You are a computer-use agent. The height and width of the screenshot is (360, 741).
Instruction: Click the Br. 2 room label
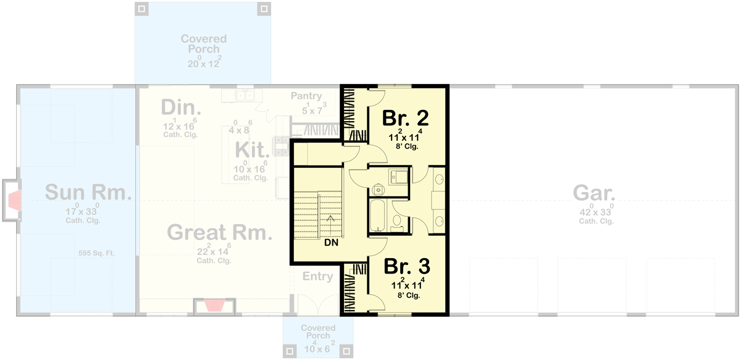pyautogui.click(x=406, y=117)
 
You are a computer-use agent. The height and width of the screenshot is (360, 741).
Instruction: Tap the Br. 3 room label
pyautogui.click(x=407, y=266)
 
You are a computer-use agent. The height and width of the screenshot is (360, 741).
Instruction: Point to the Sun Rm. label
pyautogui.click(x=88, y=193)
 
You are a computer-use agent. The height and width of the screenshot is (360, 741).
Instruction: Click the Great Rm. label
pyautogui.click(x=220, y=233)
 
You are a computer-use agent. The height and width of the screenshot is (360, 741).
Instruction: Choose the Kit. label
pyautogui.click(x=252, y=149)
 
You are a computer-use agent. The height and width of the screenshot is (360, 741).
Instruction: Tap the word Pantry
pyautogui.click(x=307, y=96)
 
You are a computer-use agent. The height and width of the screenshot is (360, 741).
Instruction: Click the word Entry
pyautogui.click(x=317, y=277)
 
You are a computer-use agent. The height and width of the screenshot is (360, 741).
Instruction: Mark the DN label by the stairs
pyautogui.click(x=330, y=243)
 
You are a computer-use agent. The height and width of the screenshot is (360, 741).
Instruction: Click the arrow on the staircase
pyautogui.click(x=331, y=219)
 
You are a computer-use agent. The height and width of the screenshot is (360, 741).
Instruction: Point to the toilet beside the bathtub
pyautogui.click(x=397, y=224)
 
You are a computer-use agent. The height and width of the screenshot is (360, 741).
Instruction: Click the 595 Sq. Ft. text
pyautogui.click(x=97, y=253)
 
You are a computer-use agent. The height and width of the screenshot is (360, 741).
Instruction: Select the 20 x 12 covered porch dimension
pyautogui.click(x=204, y=62)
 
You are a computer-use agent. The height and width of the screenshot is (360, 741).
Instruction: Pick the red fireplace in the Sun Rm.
pyautogui.click(x=15, y=201)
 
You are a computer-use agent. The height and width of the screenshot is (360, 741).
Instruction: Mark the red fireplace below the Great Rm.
pyautogui.click(x=215, y=306)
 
